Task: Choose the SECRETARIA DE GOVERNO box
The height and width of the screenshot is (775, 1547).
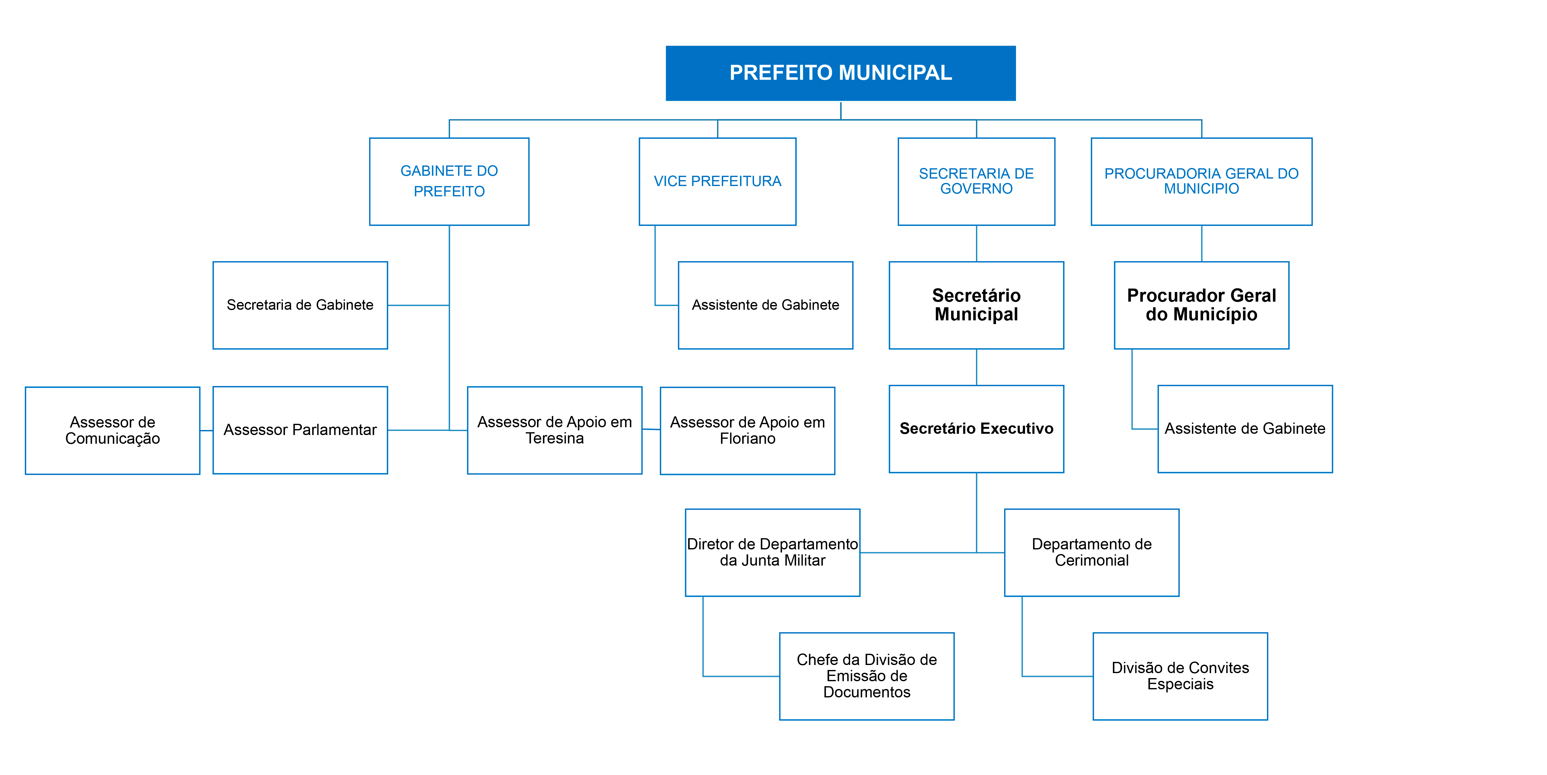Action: coord(976,181)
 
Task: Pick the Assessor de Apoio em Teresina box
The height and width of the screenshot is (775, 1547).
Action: coord(554,430)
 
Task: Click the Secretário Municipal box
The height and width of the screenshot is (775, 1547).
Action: coord(976,305)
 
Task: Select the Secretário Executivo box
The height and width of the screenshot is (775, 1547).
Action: coord(976,428)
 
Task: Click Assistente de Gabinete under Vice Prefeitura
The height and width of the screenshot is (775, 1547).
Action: coord(765,305)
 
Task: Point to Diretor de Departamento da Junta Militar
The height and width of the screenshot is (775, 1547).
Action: coord(772,552)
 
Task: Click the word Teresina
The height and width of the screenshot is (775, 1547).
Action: coord(554,439)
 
